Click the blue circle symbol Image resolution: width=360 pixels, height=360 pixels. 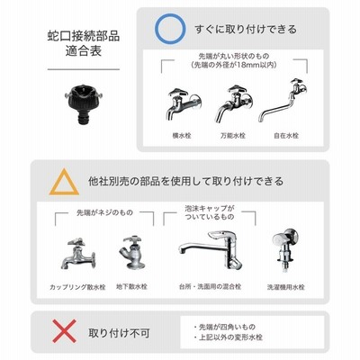point(156,29)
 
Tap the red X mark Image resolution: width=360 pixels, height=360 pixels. point(64,331)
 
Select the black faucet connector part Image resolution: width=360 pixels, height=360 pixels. point(84,105)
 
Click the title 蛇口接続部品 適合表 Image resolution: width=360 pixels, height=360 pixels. point(84,43)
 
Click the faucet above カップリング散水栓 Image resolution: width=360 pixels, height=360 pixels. point(78,253)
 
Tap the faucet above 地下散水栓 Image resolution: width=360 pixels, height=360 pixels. point(131,252)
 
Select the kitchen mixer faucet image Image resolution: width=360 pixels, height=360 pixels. point(211,249)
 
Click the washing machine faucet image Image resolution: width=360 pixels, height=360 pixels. point(285,249)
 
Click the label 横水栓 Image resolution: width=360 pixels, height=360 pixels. point(182,136)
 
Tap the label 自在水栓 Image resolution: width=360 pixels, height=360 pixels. point(286,136)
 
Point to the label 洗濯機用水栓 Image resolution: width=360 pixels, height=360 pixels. point(286,287)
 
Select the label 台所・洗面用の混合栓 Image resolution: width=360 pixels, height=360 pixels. point(210,286)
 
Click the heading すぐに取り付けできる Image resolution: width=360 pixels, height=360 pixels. point(246,30)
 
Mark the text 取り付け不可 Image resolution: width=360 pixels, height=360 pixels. point(119,333)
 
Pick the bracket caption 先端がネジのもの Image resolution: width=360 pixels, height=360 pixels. point(104,212)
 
